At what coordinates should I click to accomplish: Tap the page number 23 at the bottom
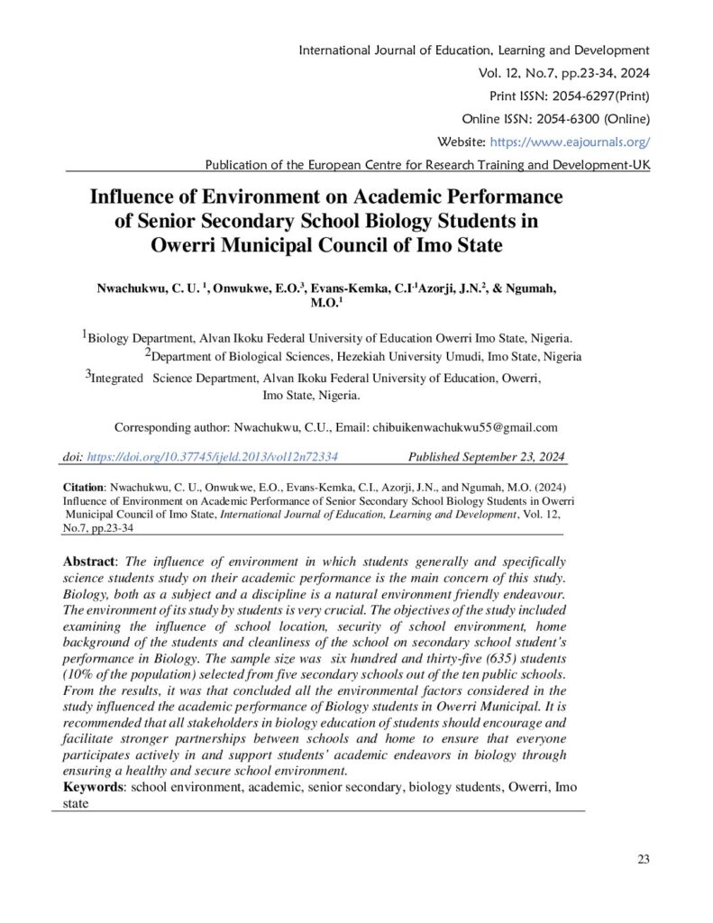coord(643,859)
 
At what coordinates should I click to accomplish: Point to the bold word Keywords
coord(95,787)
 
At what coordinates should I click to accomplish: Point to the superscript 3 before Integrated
coord(88,374)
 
